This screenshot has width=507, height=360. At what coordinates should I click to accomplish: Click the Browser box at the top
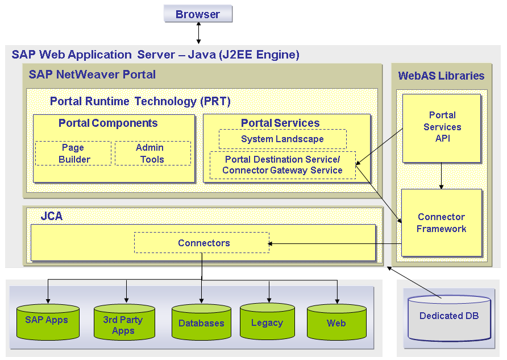click(x=198, y=14)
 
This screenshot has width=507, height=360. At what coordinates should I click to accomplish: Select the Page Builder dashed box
click(x=73, y=154)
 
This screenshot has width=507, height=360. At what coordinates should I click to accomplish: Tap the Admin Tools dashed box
click(x=152, y=154)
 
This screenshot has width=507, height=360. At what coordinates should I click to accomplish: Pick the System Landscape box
click(x=282, y=139)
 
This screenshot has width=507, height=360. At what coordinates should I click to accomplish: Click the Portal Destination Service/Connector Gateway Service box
click(x=282, y=165)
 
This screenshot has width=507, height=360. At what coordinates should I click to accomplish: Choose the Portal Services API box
click(x=442, y=127)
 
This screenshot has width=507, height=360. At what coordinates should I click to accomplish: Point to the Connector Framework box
click(x=441, y=222)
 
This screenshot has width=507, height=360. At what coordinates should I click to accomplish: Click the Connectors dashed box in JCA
click(x=202, y=243)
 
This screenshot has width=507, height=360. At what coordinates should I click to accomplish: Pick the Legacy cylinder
click(x=267, y=323)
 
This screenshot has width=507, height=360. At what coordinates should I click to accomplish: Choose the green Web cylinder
click(x=336, y=323)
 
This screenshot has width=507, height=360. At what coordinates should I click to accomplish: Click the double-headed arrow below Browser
click(x=198, y=34)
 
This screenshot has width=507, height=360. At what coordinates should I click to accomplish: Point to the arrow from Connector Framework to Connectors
click(x=335, y=244)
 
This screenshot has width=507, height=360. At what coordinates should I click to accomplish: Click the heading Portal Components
click(x=108, y=123)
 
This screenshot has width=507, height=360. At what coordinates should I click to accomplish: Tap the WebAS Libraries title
click(x=441, y=76)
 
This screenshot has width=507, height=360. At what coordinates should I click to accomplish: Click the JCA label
click(x=52, y=217)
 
